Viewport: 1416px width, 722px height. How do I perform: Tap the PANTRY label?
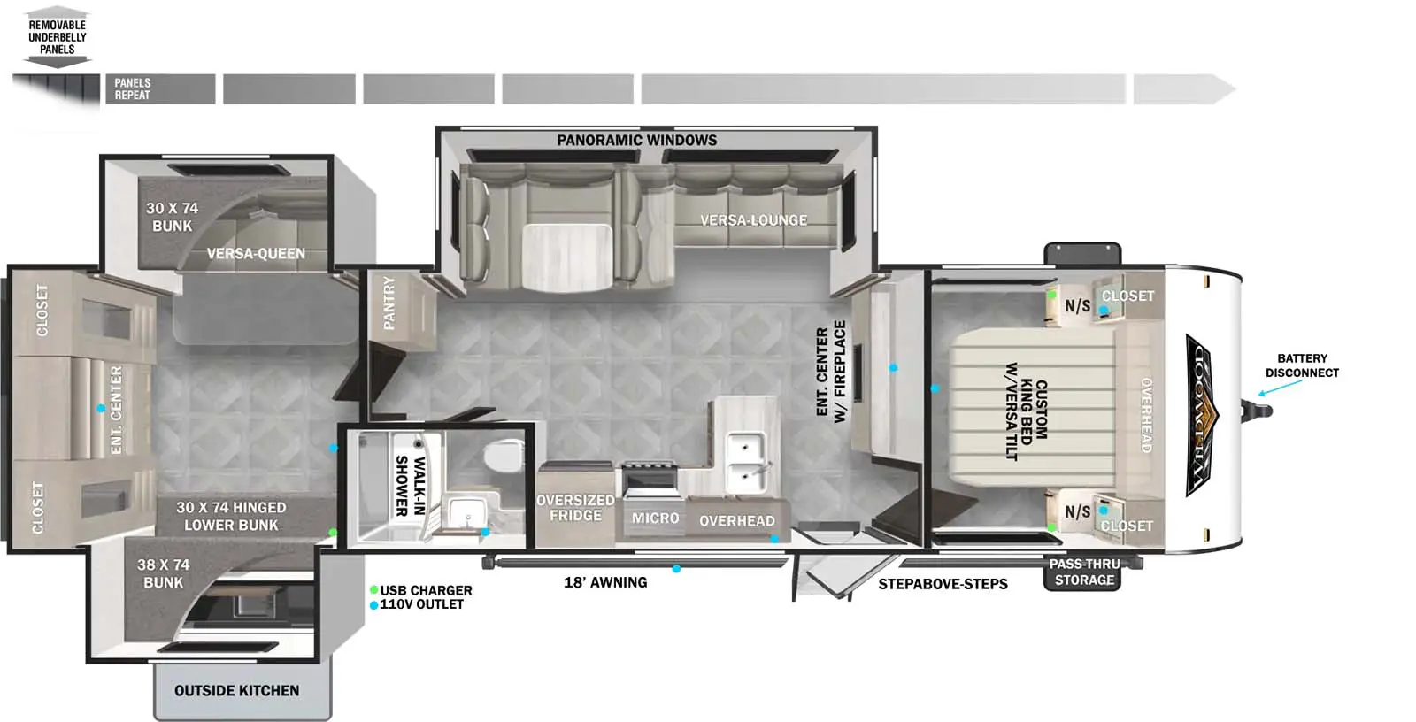[x=389, y=303]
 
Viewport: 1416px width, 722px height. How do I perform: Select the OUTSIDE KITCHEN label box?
[x=237, y=691]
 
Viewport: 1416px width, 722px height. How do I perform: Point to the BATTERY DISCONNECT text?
[x=1302, y=365]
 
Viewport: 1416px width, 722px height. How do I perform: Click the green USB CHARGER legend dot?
[x=374, y=590]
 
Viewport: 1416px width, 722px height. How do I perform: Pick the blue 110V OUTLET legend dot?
[x=374, y=605]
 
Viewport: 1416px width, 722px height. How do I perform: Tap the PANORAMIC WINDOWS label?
[x=636, y=141]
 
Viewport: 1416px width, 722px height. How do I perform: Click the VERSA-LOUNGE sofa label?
[x=753, y=220]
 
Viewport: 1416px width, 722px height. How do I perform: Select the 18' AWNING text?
[x=605, y=582]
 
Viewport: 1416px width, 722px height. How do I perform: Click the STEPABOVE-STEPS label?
[x=943, y=584]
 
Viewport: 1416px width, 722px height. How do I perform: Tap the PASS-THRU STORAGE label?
[x=1084, y=572]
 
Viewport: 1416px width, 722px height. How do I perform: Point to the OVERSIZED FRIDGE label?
[x=575, y=508]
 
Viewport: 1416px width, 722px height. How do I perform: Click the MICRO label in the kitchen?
[x=655, y=518]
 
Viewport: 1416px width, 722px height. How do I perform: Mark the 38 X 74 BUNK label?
[x=163, y=573]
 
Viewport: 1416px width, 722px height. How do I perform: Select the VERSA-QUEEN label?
[x=256, y=254]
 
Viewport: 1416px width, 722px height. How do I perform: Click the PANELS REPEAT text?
[x=133, y=89]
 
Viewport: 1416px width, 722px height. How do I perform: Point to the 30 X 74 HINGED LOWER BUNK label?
[x=231, y=516]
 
